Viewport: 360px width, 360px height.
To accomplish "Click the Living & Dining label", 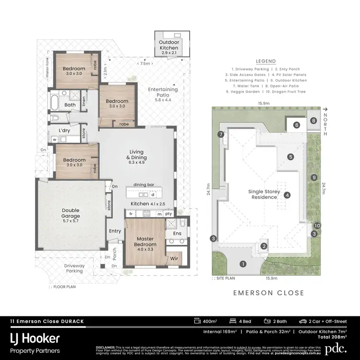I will click(x=136, y=157).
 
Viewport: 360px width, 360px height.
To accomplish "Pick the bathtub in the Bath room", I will click(x=54, y=103).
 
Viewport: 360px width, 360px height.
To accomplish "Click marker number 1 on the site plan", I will click(x=243, y=264).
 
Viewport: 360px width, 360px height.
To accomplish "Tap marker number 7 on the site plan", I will click(x=221, y=135).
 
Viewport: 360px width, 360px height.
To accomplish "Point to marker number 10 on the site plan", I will click(x=317, y=225).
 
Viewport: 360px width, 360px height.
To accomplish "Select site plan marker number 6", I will click(x=297, y=125).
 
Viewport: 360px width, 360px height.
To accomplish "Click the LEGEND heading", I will click(x=265, y=61).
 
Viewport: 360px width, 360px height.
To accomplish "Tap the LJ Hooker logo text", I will click(x=35, y=338).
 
